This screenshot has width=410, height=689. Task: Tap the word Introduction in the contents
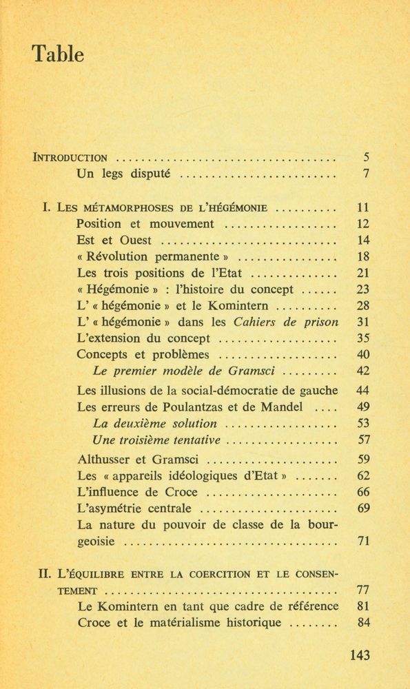(70, 156)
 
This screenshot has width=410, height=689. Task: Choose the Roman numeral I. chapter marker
(48, 207)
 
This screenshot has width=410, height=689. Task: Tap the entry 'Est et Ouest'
(114, 240)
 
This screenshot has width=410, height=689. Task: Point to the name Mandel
(283, 407)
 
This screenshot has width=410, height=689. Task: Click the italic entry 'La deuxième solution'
(154, 423)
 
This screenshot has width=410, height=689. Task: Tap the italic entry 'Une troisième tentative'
(156, 440)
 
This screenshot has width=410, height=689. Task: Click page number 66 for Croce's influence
(365, 492)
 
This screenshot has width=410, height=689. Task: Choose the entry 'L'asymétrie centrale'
(135, 508)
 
